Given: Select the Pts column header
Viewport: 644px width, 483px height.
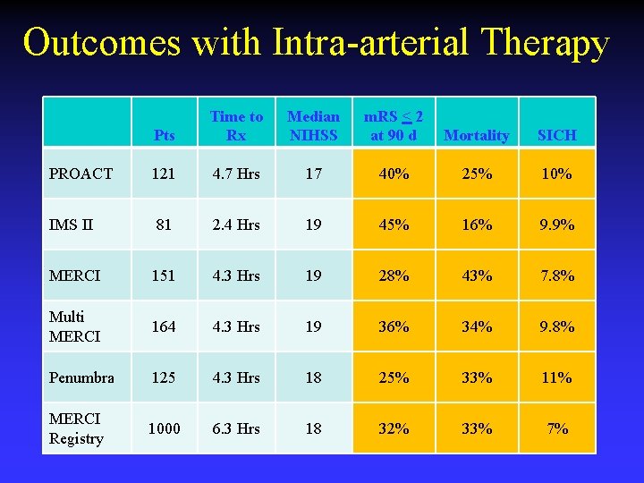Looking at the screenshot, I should (x=164, y=135).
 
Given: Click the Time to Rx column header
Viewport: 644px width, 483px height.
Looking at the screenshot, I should (x=236, y=125).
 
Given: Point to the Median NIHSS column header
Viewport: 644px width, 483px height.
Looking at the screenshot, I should (x=313, y=125).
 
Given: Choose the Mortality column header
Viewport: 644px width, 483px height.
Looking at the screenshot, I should (x=476, y=135).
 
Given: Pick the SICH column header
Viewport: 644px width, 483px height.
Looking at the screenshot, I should (x=556, y=135).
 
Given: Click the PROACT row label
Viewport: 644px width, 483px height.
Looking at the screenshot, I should (x=80, y=174).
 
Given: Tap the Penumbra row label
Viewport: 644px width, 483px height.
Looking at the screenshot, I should (x=81, y=377).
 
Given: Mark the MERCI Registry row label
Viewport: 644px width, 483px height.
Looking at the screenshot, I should (x=76, y=428).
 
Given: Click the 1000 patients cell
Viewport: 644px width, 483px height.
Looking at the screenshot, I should (x=164, y=428).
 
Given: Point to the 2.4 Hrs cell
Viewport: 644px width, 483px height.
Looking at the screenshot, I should (x=236, y=225).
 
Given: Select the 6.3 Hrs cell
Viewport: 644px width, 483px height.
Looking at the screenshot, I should (x=236, y=428).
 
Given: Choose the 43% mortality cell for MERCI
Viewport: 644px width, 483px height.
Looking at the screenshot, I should (x=476, y=275).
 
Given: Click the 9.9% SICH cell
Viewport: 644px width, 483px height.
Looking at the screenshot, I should (x=556, y=225).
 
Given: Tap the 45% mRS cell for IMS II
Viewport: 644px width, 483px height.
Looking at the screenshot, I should (x=394, y=225).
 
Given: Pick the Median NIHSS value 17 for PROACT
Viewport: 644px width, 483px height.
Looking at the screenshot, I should (x=313, y=174).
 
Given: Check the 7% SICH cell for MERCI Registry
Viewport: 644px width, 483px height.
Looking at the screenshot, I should (x=556, y=428).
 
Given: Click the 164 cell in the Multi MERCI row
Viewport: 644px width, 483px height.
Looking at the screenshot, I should (x=164, y=326).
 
